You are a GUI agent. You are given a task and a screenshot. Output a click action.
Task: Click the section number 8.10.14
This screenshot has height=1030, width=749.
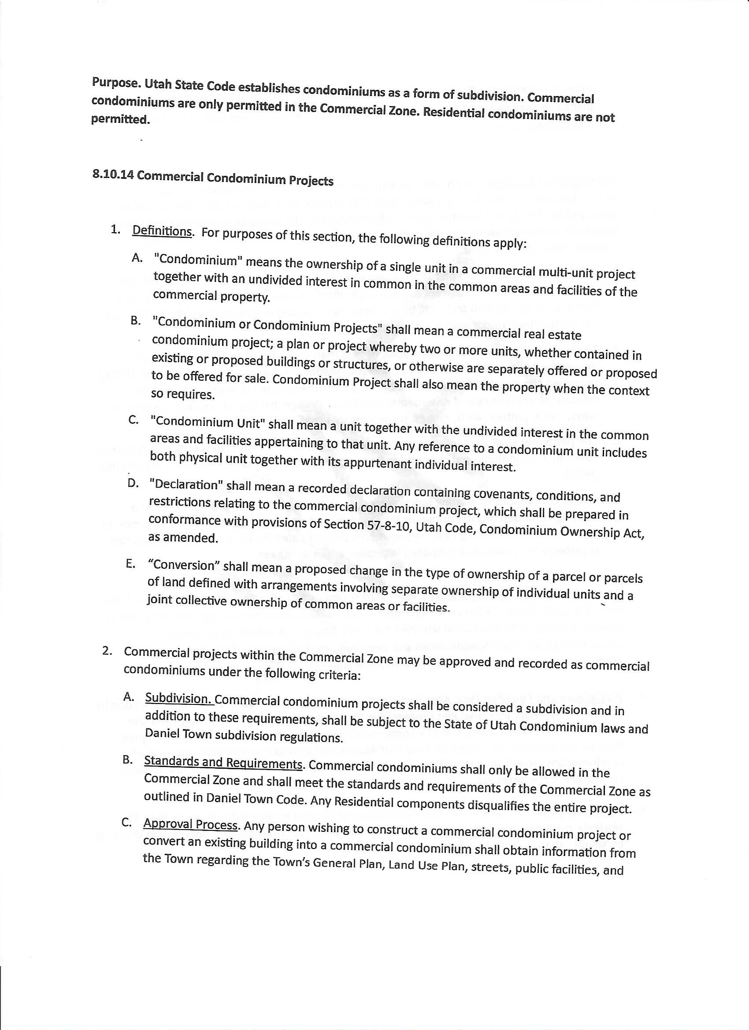pyautogui.click(x=113, y=174)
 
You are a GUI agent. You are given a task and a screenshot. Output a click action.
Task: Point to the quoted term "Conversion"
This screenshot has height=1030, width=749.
pyautogui.click(x=184, y=565)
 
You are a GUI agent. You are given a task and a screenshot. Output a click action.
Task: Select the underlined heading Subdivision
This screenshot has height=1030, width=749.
pyautogui.click(x=179, y=698)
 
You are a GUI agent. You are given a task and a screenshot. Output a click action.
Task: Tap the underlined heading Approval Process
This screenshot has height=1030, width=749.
pyautogui.click(x=190, y=824)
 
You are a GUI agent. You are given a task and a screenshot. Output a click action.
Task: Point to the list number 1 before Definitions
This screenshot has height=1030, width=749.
pyautogui.click(x=115, y=230)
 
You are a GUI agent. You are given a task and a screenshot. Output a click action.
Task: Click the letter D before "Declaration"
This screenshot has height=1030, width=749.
pyautogui.click(x=133, y=483)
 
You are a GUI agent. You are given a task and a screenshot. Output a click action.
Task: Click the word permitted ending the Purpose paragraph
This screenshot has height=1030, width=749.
pyautogui.click(x=120, y=119)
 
